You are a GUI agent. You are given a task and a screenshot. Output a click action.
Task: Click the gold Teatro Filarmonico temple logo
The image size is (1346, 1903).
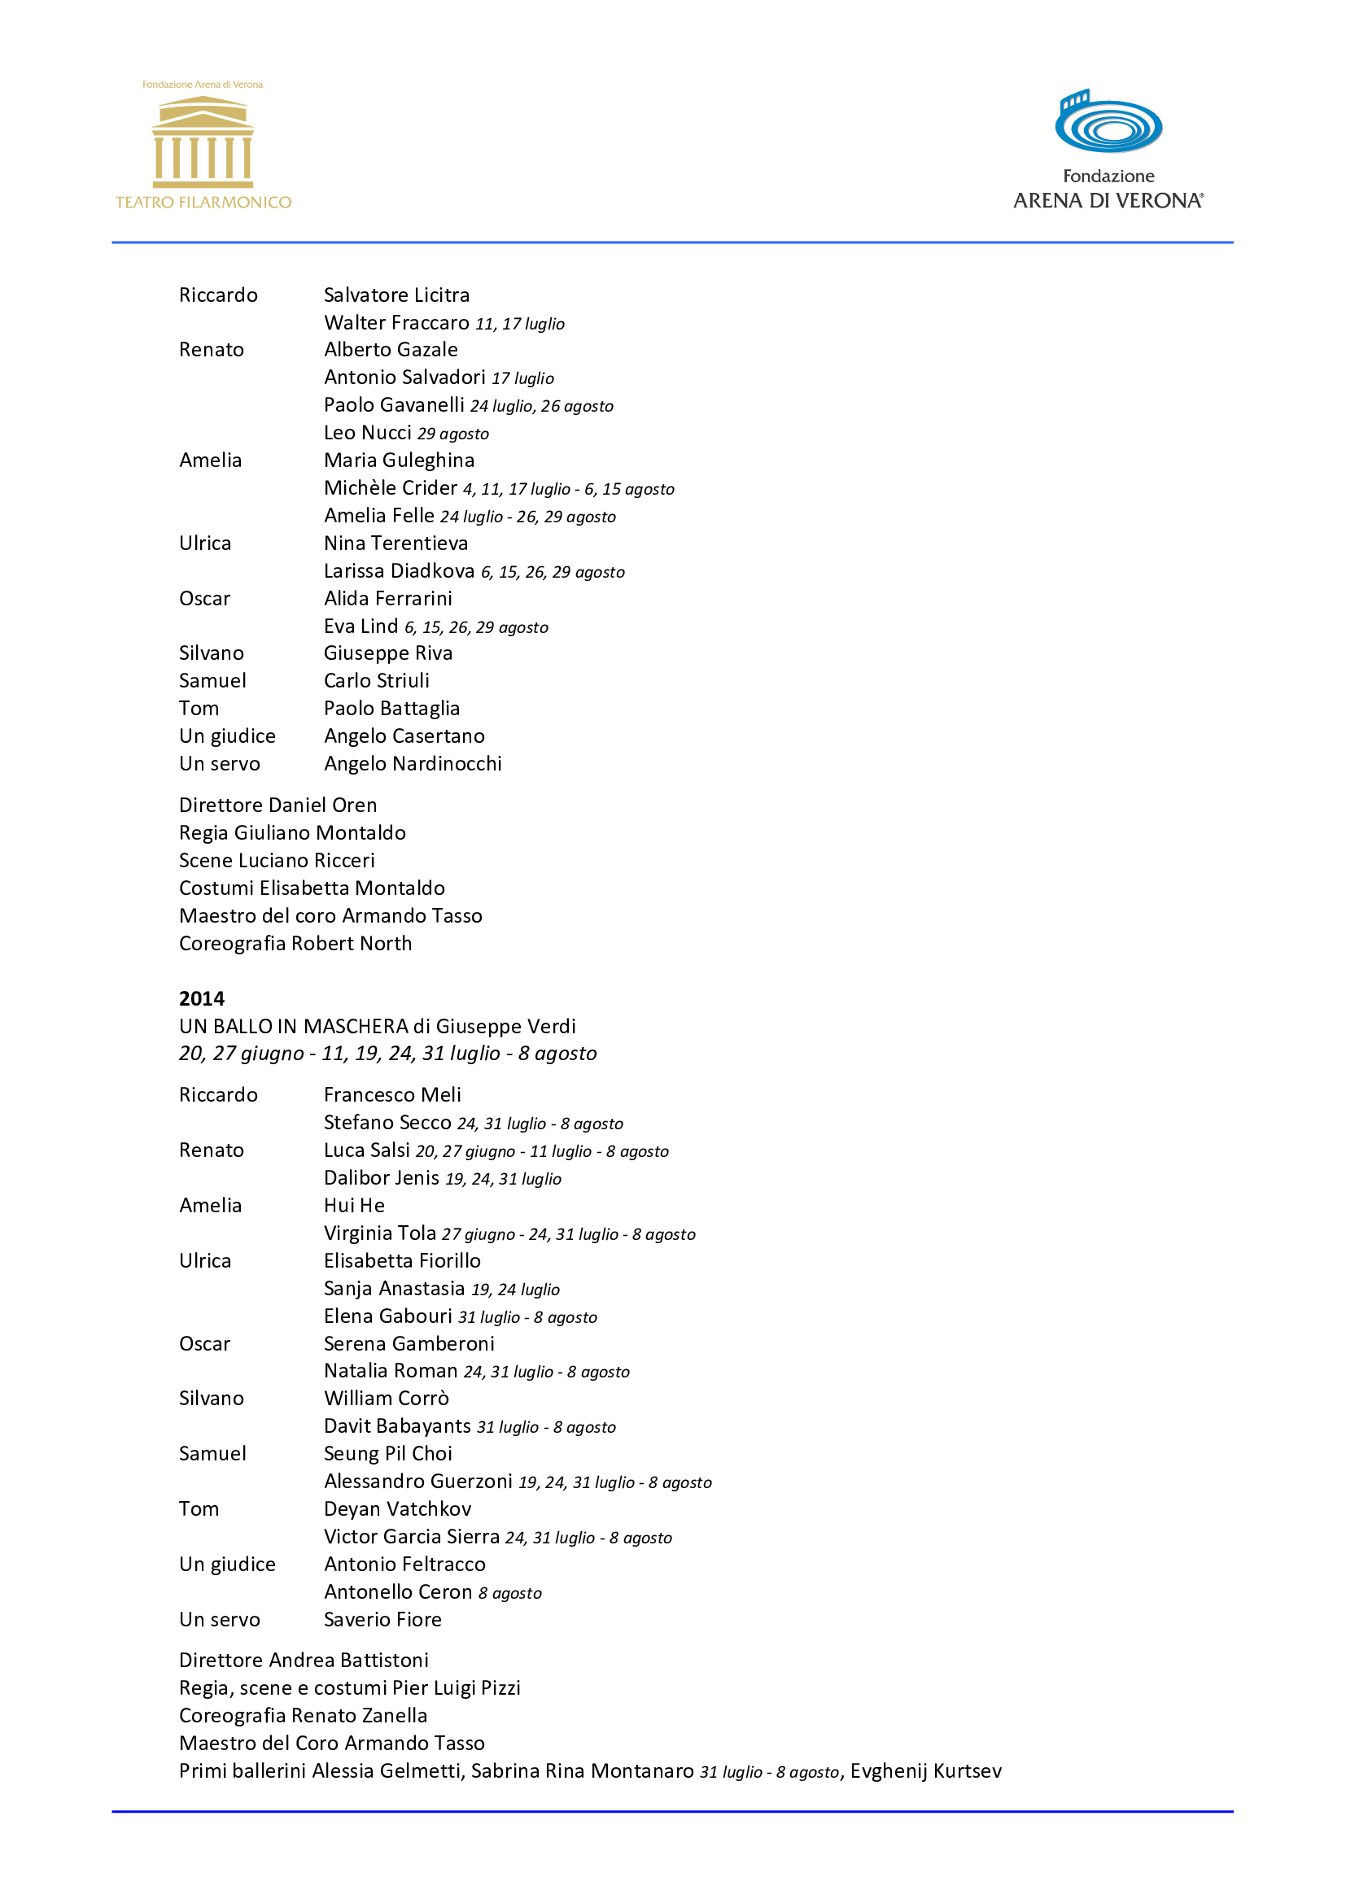coord(203,142)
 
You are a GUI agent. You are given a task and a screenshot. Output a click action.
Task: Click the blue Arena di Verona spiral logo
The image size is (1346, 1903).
coord(1108,123)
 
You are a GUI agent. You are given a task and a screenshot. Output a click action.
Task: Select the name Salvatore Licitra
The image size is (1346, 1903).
coord(396,295)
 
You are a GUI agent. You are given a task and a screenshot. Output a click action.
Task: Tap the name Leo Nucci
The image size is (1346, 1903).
coord(367,433)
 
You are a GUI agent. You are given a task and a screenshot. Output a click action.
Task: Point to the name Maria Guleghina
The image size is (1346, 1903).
coord(399,460)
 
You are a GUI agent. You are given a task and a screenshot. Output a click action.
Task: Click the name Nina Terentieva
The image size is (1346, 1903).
coord(395,543)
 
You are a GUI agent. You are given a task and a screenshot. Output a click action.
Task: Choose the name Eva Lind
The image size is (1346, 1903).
coord(361,626)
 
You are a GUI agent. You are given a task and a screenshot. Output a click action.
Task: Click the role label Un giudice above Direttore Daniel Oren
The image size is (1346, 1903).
coord(227,736)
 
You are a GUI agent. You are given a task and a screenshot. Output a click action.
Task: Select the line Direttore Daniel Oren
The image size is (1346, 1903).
coord(278,805)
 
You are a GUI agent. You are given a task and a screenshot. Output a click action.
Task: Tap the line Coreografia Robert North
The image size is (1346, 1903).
coord(295,943)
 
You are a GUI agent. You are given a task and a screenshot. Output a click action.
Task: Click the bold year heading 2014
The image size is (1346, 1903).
coord(201,998)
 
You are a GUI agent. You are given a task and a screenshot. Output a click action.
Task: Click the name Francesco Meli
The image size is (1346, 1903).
coord(392,1095)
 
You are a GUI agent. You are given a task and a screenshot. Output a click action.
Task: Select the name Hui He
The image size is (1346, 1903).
coord(354,1205)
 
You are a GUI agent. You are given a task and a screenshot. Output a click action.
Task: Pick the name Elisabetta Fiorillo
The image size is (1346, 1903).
coord(402,1260)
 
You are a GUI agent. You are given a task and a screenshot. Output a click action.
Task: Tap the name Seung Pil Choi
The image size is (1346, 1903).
coord(388,1453)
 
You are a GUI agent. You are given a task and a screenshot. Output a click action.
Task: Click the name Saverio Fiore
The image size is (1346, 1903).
coord(382,1619)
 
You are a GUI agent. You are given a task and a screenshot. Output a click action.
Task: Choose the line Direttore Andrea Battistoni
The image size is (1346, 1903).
coord(304,1661)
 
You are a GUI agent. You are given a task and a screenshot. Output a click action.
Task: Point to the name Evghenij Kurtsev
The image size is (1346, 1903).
coord(925,1770)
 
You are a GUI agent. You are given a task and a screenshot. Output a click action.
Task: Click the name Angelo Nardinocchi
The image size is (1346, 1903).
coord(413,763)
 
